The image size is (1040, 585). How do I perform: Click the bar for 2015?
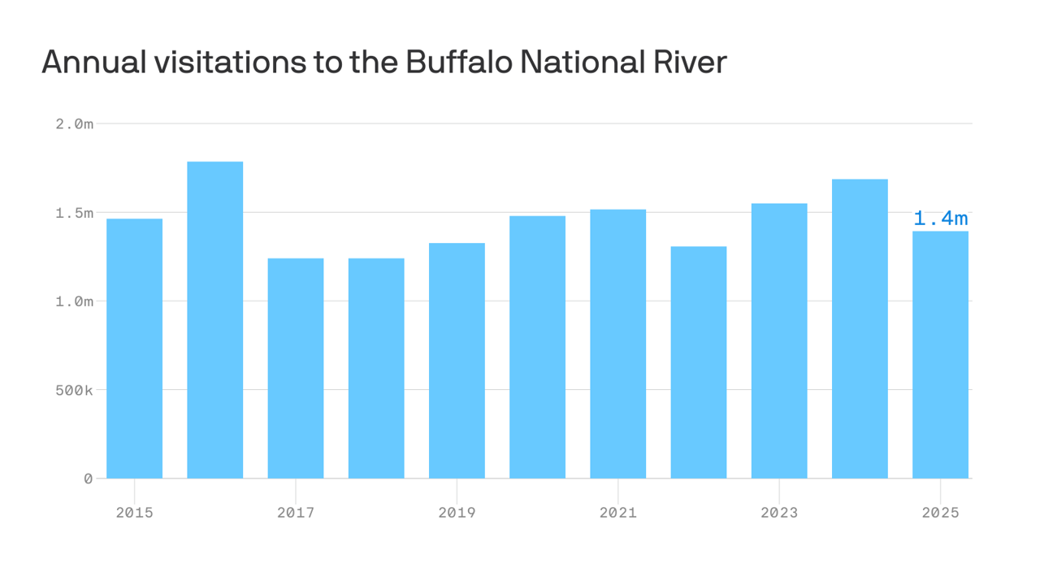coord(134,349)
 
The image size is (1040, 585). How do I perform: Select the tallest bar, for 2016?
coord(214,320)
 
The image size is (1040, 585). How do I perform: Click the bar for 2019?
coord(457,361)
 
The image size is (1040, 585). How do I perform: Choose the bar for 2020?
coord(537,347)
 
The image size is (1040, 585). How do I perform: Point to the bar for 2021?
coord(617,344)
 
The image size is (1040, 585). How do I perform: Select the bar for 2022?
coord(698,362)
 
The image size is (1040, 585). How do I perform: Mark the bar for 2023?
coord(779,341)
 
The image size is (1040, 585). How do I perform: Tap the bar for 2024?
coord(860,329)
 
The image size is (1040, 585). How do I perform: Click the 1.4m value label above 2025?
coord(940,219)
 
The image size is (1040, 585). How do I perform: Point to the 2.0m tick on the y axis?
coord(75,123)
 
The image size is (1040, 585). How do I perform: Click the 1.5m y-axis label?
coord(75,213)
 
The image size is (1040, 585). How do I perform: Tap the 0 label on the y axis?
coord(88,479)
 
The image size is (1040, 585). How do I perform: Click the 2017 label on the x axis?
coord(296,513)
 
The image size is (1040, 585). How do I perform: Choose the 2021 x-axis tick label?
coord(617,513)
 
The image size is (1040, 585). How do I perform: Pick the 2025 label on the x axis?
coord(940,513)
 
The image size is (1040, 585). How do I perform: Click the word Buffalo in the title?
coord(459,62)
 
